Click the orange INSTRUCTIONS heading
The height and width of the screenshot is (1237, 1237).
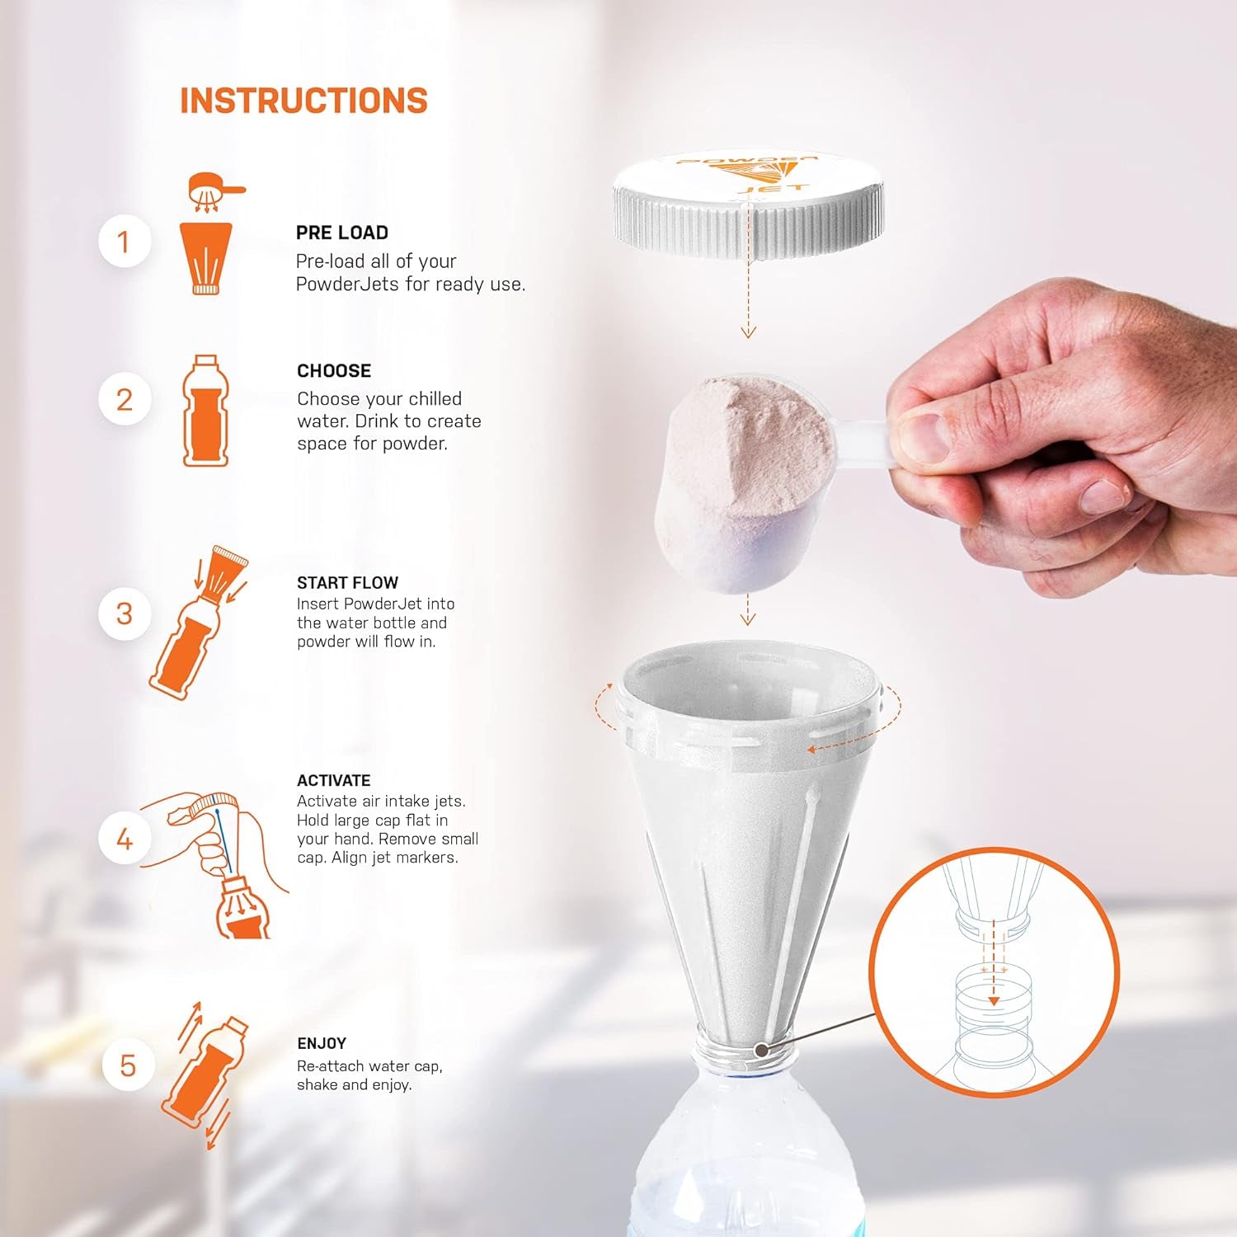point(303,101)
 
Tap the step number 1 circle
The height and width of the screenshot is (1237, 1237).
point(125,242)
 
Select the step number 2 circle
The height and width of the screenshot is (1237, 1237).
point(125,399)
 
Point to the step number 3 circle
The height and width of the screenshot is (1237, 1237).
point(125,614)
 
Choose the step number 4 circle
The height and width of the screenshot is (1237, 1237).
point(125,839)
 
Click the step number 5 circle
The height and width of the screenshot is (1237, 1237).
point(128,1065)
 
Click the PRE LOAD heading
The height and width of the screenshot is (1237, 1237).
point(342,233)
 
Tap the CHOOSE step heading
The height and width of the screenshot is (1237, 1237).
point(334,371)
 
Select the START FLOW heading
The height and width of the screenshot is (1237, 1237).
point(347,582)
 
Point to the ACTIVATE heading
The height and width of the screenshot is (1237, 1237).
point(333,780)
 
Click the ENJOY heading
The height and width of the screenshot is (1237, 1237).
point(322,1043)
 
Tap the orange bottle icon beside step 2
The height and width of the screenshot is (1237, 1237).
point(205,411)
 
